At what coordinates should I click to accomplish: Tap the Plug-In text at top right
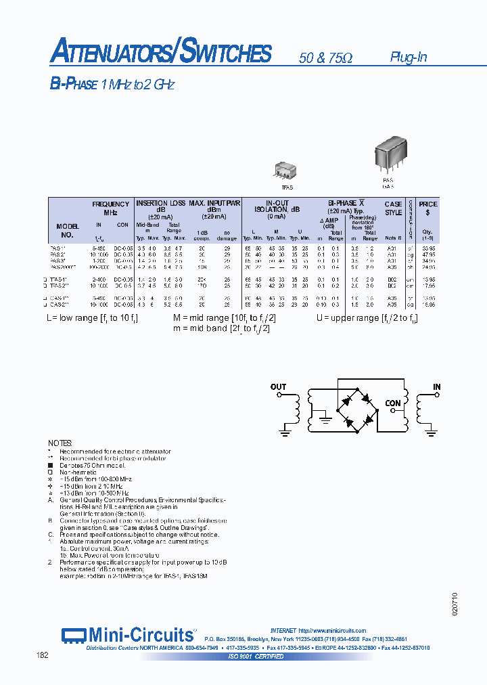click(x=408, y=58)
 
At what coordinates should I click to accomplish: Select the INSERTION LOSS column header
click(x=161, y=203)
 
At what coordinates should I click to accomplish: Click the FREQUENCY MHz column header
click(x=111, y=208)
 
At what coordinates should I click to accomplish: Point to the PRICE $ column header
click(x=427, y=208)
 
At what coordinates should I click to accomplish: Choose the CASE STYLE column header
click(x=393, y=208)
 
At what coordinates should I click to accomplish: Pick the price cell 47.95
click(x=427, y=255)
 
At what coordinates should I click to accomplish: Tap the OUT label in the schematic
click(x=278, y=387)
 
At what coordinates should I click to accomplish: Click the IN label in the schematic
click(x=437, y=387)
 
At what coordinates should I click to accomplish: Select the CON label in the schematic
click(x=393, y=403)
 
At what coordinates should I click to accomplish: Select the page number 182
click(x=42, y=656)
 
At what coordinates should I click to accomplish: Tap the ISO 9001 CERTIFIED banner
click(x=256, y=657)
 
